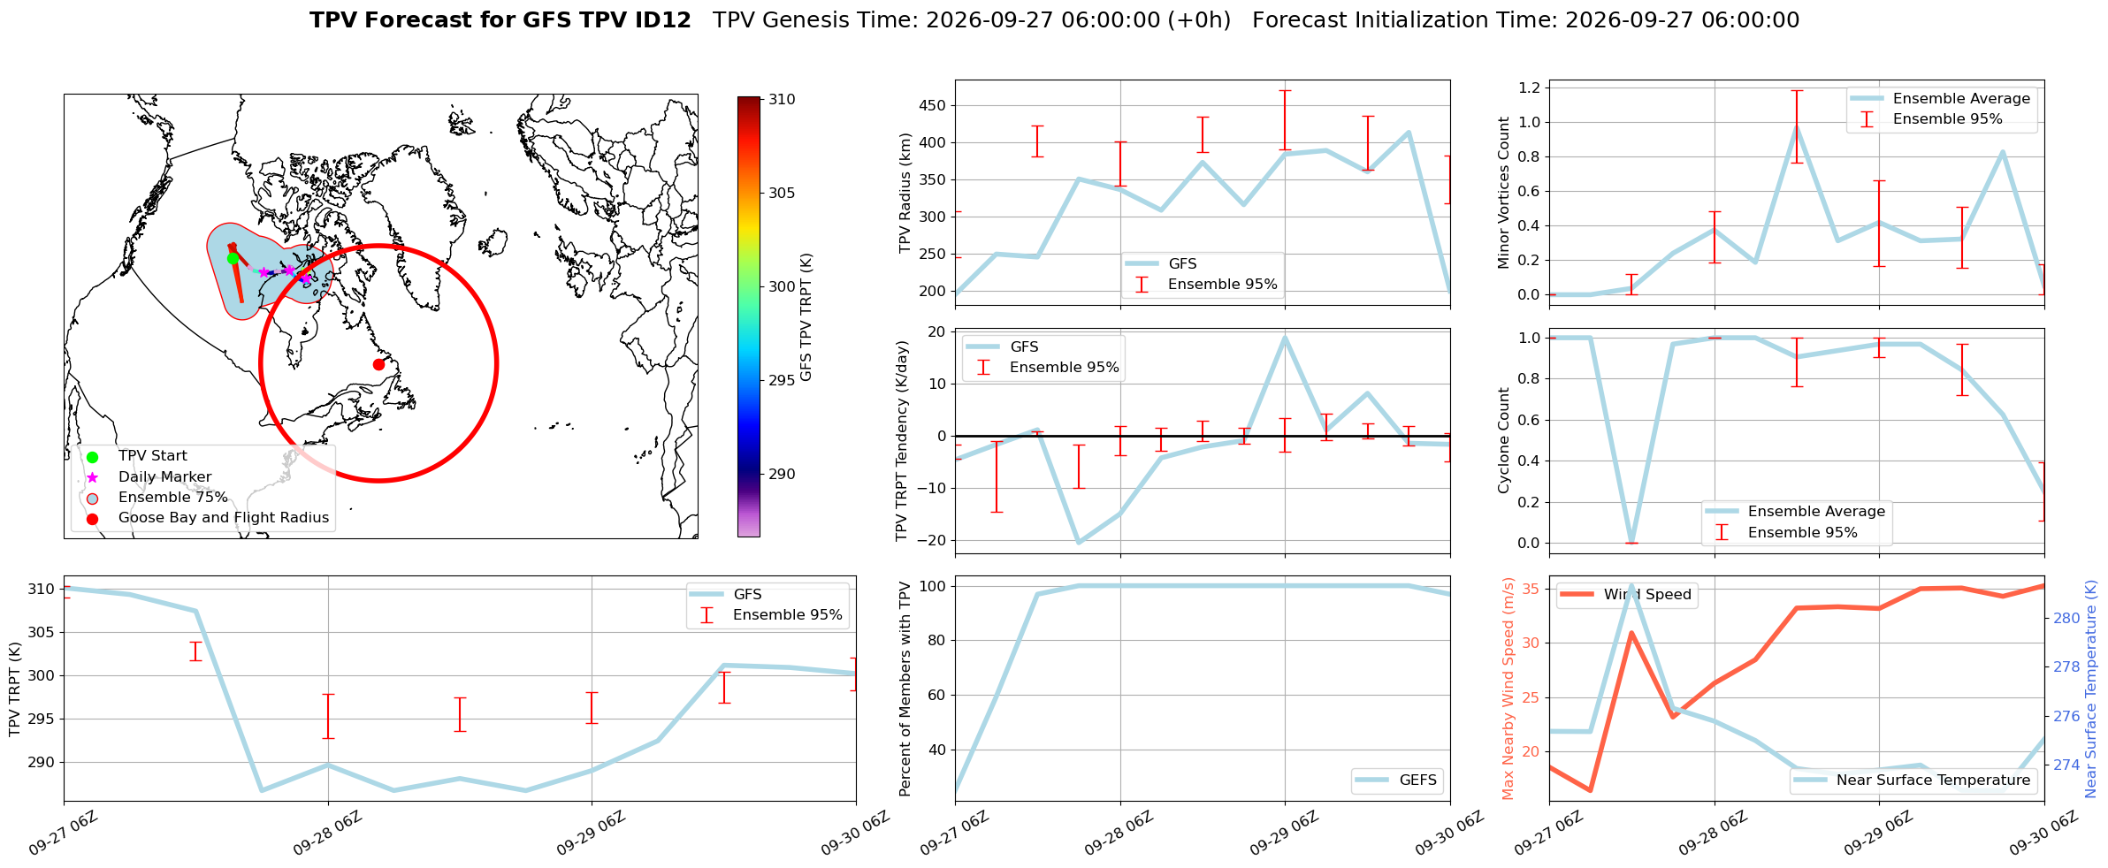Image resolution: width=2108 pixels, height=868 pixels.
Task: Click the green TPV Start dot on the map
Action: pos(233,258)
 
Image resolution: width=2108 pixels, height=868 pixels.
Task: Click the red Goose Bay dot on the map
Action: pos(378,364)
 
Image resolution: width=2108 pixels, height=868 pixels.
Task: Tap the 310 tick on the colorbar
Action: pos(782,100)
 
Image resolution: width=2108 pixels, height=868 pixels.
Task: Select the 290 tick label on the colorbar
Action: pos(782,475)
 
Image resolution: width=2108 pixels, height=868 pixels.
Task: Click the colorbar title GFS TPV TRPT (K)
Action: pos(806,317)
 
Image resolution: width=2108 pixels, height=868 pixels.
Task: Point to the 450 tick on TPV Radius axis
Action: pos(933,106)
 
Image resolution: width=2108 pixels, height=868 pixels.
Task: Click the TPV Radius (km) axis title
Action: pos(905,193)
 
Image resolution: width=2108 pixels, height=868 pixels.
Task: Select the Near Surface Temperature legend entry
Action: pos(1912,780)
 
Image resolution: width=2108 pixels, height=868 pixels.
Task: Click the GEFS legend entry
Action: pos(1396,780)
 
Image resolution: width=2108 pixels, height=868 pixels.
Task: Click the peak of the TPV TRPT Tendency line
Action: pos(1285,337)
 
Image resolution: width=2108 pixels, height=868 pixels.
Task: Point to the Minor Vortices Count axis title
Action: pos(1504,193)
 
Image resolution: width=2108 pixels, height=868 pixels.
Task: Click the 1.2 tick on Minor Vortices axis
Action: pos(1529,88)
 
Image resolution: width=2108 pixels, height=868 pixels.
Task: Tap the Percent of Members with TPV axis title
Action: pos(905,689)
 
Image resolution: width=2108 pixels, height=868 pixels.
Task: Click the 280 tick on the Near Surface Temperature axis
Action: pos(2067,619)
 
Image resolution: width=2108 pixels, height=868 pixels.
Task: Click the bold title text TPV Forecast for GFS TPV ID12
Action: pos(500,20)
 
